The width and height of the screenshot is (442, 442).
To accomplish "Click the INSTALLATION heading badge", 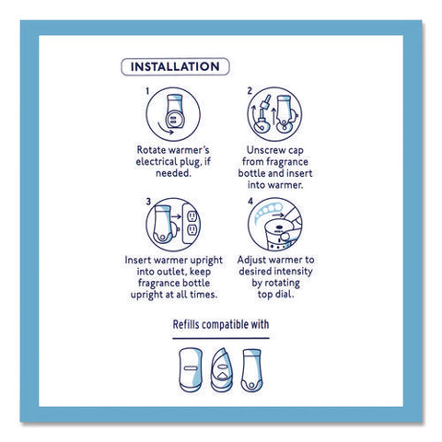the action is (x=175, y=66).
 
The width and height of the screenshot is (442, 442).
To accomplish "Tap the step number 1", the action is (x=147, y=91).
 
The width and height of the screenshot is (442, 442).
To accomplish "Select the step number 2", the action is (x=250, y=91).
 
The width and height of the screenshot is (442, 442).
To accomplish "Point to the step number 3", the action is (x=148, y=202).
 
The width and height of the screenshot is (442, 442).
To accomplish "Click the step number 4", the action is (x=250, y=201).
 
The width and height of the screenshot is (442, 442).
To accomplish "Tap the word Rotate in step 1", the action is (x=151, y=150).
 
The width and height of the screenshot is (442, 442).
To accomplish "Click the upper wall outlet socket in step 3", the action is (x=192, y=216).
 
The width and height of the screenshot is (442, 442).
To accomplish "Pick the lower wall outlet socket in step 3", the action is (x=192, y=230).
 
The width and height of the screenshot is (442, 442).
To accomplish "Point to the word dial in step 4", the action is (x=286, y=295).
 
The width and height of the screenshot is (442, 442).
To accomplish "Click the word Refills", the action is (x=186, y=324).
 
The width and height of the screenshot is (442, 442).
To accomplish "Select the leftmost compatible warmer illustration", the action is (x=191, y=370).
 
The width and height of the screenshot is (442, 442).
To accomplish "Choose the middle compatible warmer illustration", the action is (x=222, y=370).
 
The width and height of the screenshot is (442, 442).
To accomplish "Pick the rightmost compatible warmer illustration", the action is (x=251, y=370).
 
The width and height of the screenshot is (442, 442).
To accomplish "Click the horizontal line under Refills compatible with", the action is (x=221, y=338).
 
